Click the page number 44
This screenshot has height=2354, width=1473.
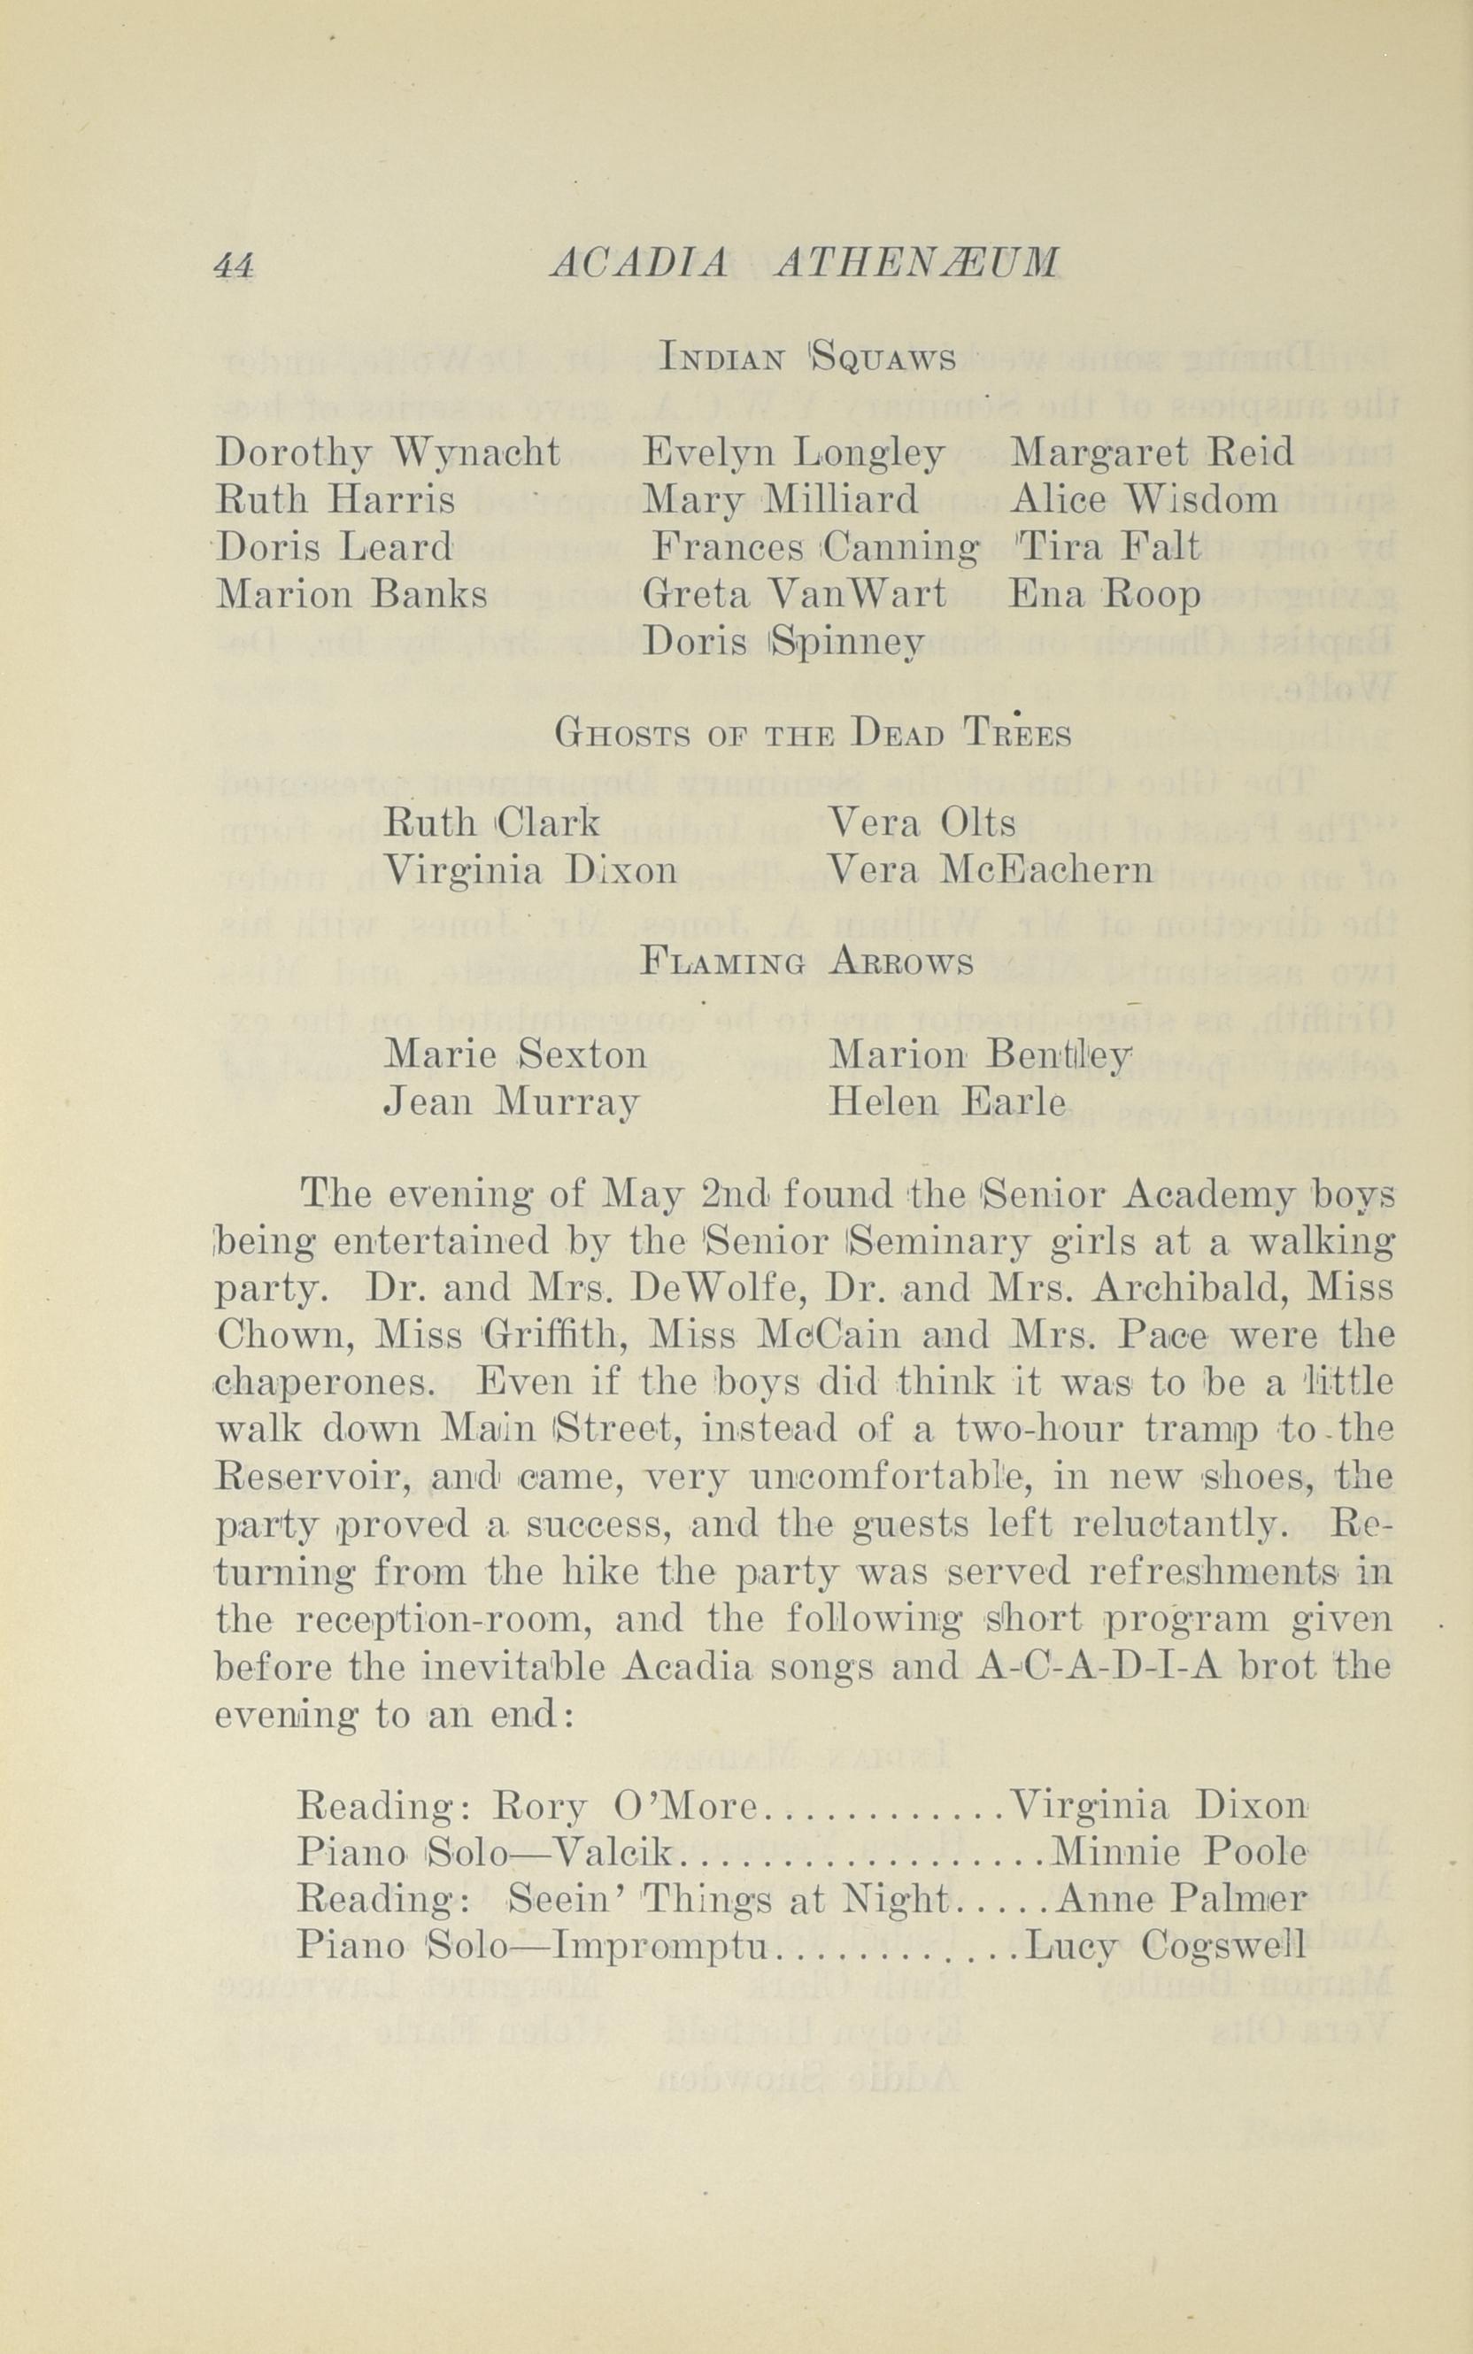click(x=234, y=266)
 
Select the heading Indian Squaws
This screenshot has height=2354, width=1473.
click(x=807, y=359)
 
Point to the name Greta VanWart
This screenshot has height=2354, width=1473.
click(x=794, y=594)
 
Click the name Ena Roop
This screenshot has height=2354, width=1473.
click(x=1105, y=594)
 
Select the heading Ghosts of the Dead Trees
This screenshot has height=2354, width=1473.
click(x=813, y=734)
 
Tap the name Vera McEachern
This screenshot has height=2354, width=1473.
click(x=990, y=870)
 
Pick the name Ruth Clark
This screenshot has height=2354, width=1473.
click(x=493, y=824)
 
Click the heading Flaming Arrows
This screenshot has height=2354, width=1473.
click(x=807, y=963)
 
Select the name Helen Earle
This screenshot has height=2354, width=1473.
click(x=946, y=1102)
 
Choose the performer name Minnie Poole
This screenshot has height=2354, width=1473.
click(x=1180, y=1852)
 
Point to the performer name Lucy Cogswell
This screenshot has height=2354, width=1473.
click(x=1165, y=1946)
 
